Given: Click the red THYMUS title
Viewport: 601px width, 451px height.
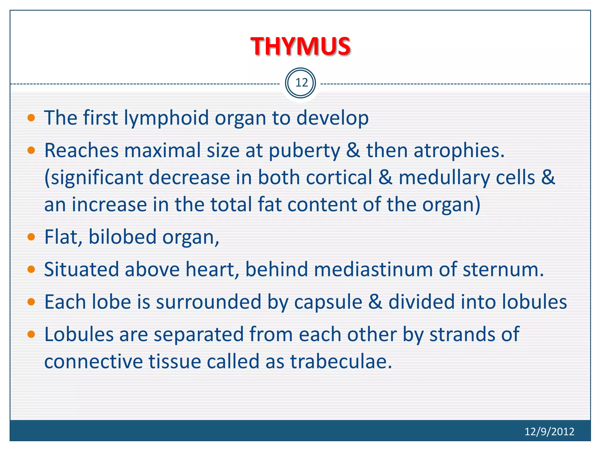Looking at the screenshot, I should [x=300, y=46].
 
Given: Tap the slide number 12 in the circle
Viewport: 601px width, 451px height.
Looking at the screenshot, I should [x=301, y=83].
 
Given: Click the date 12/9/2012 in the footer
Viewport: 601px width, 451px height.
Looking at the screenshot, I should [x=549, y=431].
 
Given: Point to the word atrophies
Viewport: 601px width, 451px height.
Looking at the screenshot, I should [x=455, y=151].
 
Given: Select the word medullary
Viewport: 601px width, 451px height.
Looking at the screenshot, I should [x=444, y=178].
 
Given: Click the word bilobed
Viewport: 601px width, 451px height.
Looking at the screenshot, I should [x=122, y=237].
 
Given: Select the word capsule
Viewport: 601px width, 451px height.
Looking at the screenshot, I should [x=328, y=302].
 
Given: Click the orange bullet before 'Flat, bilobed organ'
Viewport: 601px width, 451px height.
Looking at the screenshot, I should [x=31, y=237].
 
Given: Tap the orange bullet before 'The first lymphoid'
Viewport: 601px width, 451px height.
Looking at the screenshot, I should [x=31, y=118].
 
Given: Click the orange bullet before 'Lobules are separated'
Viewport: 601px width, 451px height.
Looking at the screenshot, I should [x=31, y=334].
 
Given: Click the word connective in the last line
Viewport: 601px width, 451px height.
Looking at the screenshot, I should [x=93, y=361].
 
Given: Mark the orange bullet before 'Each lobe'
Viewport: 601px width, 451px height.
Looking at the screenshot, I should [x=31, y=302].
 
